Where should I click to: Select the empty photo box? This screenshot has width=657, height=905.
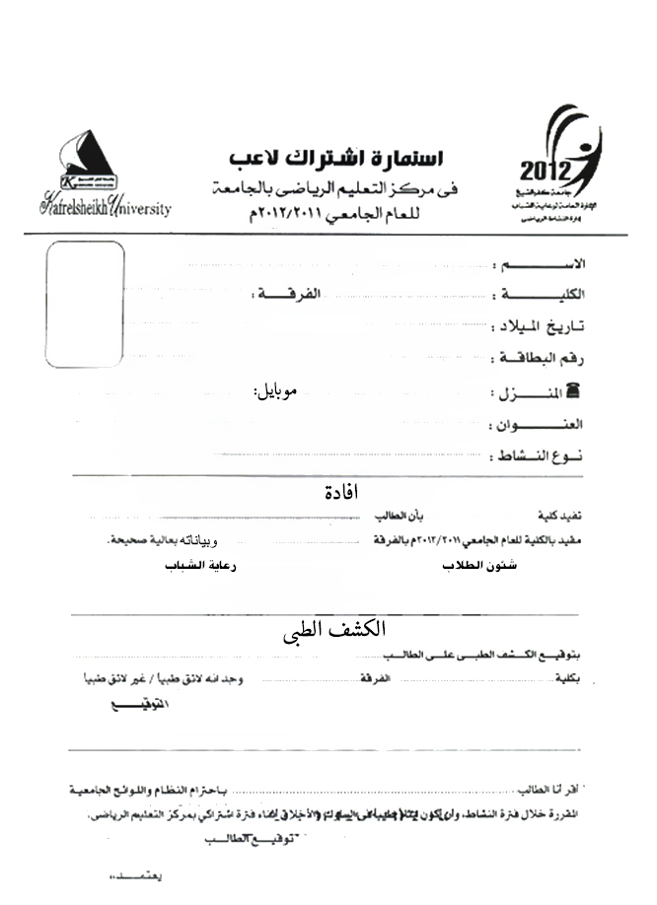coord(86,305)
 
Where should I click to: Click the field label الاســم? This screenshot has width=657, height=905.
coord(559,265)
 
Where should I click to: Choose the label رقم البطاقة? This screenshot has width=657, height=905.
coord(548,359)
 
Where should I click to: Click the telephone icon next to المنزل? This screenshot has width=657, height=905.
coord(578,392)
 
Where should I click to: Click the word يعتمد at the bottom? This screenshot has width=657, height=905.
coord(134,876)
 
